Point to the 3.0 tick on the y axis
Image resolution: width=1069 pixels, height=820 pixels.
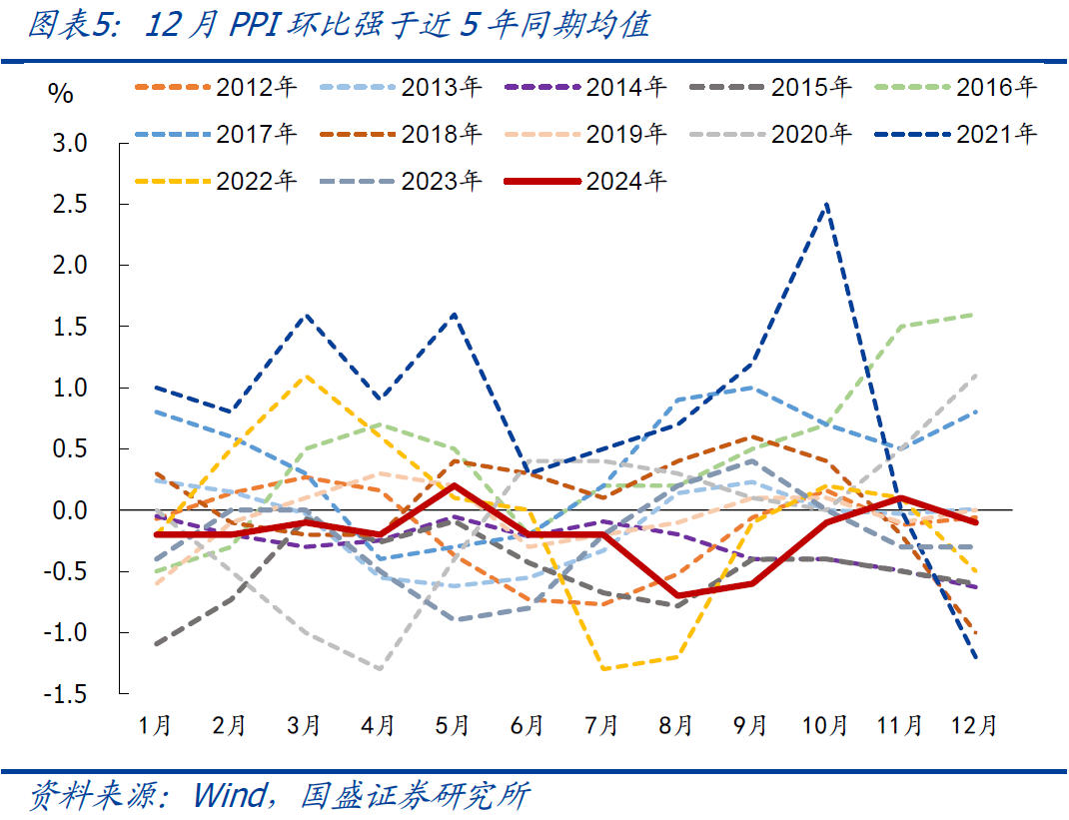[x=69, y=143]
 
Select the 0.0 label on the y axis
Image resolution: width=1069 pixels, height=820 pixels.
[x=69, y=510]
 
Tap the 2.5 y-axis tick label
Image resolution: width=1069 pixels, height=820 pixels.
[x=69, y=205]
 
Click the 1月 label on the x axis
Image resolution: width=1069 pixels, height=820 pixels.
[x=156, y=725]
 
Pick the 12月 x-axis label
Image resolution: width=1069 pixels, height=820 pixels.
[x=974, y=725]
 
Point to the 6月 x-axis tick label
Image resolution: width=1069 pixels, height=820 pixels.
[x=528, y=725]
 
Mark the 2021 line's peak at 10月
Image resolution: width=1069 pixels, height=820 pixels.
[x=826, y=204]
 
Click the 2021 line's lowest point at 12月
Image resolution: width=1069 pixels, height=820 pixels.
[x=975, y=657]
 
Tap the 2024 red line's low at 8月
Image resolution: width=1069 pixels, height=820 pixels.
[x=677, y=595]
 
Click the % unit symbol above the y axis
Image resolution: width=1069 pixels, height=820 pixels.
[x=61, y=95]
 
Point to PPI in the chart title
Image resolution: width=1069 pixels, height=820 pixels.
[x=257, y=24]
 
